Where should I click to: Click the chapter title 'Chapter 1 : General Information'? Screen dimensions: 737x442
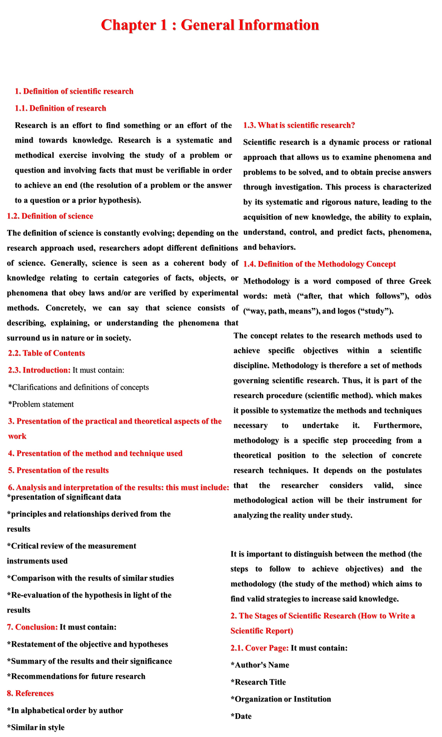click(210, 25)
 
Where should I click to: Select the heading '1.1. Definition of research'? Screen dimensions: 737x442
click(60, 108)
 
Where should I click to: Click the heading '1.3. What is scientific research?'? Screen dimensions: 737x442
click(299, 125)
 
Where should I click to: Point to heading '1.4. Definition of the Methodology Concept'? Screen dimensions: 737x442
click(319, 264)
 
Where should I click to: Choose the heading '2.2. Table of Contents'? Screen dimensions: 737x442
click(46, 353)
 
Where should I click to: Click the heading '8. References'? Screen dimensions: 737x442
click(30, 693)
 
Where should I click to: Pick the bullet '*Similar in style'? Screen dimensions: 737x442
click(36, 727)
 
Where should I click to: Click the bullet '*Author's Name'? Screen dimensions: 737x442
click(260, 665)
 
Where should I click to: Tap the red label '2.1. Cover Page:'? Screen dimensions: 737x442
click(259, 648)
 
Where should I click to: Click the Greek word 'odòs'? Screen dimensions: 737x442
click(423, 296)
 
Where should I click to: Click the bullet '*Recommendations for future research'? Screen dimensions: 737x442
click(76, 676)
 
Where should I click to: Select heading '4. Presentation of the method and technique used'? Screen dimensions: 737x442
click(95, 453)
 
